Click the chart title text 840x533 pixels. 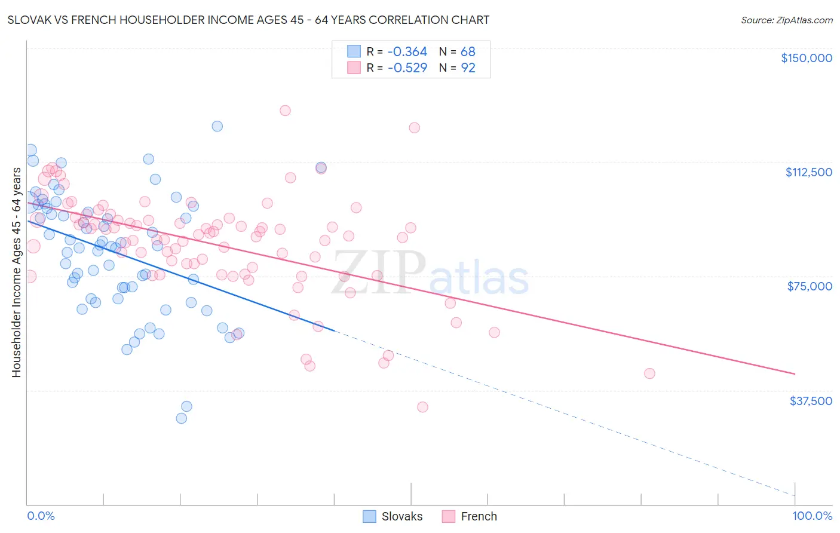pos(248,20)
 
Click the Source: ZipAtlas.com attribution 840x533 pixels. pos(786,20)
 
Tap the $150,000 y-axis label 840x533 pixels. pos(806,58)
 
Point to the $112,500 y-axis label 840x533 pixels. pos(808,172)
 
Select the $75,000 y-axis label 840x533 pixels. pos(810,286)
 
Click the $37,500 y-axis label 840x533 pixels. pos(810,401)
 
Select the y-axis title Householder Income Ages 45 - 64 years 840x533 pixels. pos(17,272)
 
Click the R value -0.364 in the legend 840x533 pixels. pos(407,52)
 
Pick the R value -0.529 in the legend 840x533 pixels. pos(407,68)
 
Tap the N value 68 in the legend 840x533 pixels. pos(468,52)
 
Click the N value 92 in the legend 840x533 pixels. pos(468,68)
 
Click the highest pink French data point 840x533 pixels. pos(285,111)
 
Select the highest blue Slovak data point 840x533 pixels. pos(217,126)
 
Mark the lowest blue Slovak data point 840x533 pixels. pos(182,418)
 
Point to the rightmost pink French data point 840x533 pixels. pos(649,373)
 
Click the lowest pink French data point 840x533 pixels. pos(422,407)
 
